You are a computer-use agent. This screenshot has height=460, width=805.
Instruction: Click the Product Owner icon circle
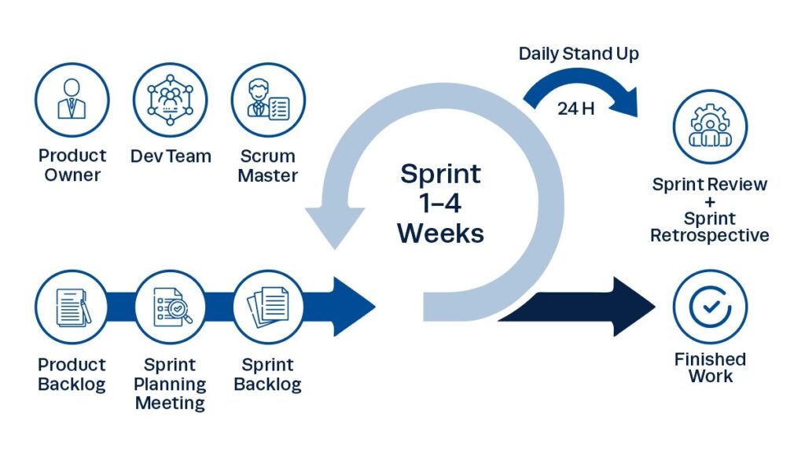(72, 100)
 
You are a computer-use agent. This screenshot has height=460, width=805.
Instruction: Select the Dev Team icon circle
(171, 100)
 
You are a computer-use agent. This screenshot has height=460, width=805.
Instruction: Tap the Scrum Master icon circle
(268, 100)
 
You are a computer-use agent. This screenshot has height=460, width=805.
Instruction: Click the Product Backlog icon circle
(72, 307)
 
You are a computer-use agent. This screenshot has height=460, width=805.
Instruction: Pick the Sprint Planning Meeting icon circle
(171, 307)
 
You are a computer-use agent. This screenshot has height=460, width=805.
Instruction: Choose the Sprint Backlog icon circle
(268, 307)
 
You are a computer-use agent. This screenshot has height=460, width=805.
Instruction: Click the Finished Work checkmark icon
(710, 307)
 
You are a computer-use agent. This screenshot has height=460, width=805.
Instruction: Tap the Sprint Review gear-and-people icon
(710, 127)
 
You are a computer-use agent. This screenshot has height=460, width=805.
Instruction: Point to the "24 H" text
(575, 109)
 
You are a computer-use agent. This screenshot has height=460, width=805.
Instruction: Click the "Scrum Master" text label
(268, 165)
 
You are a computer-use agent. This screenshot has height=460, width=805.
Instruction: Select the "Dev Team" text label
(171, 156)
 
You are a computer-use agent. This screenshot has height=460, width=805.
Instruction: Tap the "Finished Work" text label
(710, 367)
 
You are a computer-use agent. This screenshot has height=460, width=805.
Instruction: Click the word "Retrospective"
(710, 235)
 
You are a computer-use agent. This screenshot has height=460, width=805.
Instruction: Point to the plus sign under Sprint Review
(710, 202)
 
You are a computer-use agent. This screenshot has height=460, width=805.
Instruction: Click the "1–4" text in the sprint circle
(440, 203)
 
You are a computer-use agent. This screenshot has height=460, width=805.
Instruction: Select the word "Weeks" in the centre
(440, 233)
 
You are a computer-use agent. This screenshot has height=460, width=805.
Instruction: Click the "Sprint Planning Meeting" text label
(171, 385)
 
